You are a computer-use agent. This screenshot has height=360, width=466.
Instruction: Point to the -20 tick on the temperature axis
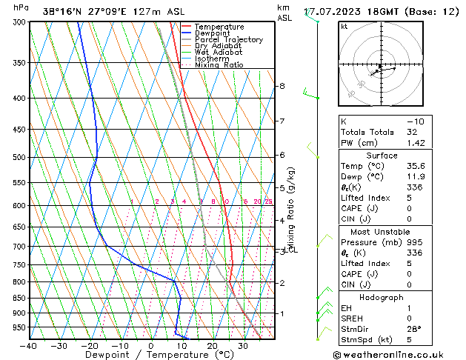click(x=90, y=346)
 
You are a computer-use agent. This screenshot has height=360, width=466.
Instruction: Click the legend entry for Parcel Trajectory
click(x=228, y=40)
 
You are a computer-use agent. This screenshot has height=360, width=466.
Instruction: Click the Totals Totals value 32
click(x=413, y=132)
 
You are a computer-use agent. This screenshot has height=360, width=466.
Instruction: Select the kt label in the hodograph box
click(x=344, y=26)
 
